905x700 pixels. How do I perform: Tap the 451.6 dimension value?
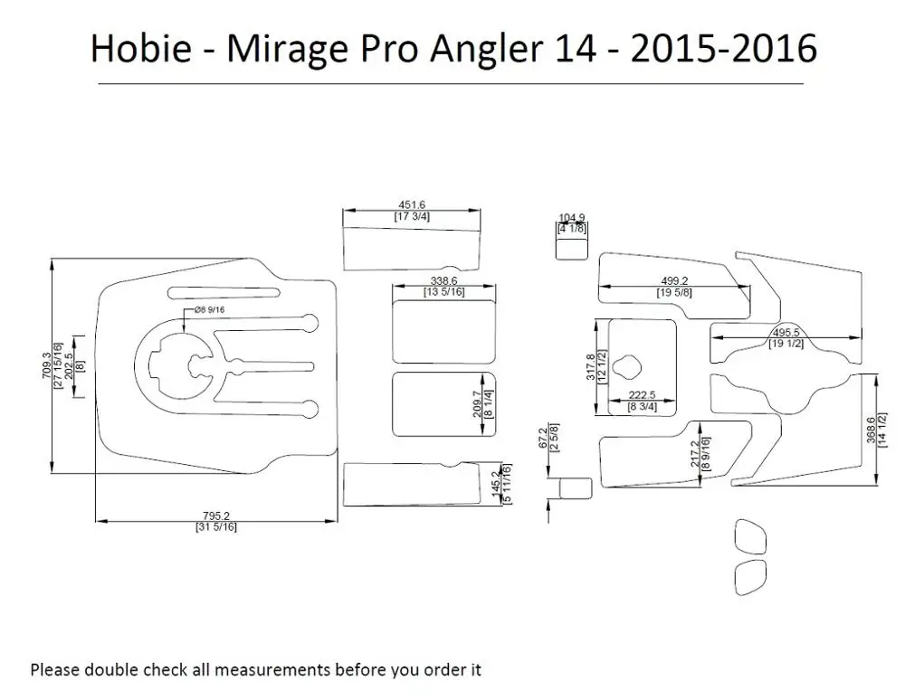pyautogui.click(x=412, y=204)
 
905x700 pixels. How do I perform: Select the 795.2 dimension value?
pyautogui.click(x=216, y=516)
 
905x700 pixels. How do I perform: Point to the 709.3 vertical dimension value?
pyautogui.click(x=47, y=365)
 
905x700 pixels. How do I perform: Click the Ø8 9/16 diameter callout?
pyautogui.click(x=209, y=309)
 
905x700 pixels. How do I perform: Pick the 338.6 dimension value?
pyautogui.click(x=443, y=280)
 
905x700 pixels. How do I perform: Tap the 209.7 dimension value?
pyautogui.click(x=477, y=404)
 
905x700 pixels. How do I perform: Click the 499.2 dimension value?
pyautogui.click(x=674, y=280)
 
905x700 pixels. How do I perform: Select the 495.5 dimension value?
pyautogui.click(x=786, y=333)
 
